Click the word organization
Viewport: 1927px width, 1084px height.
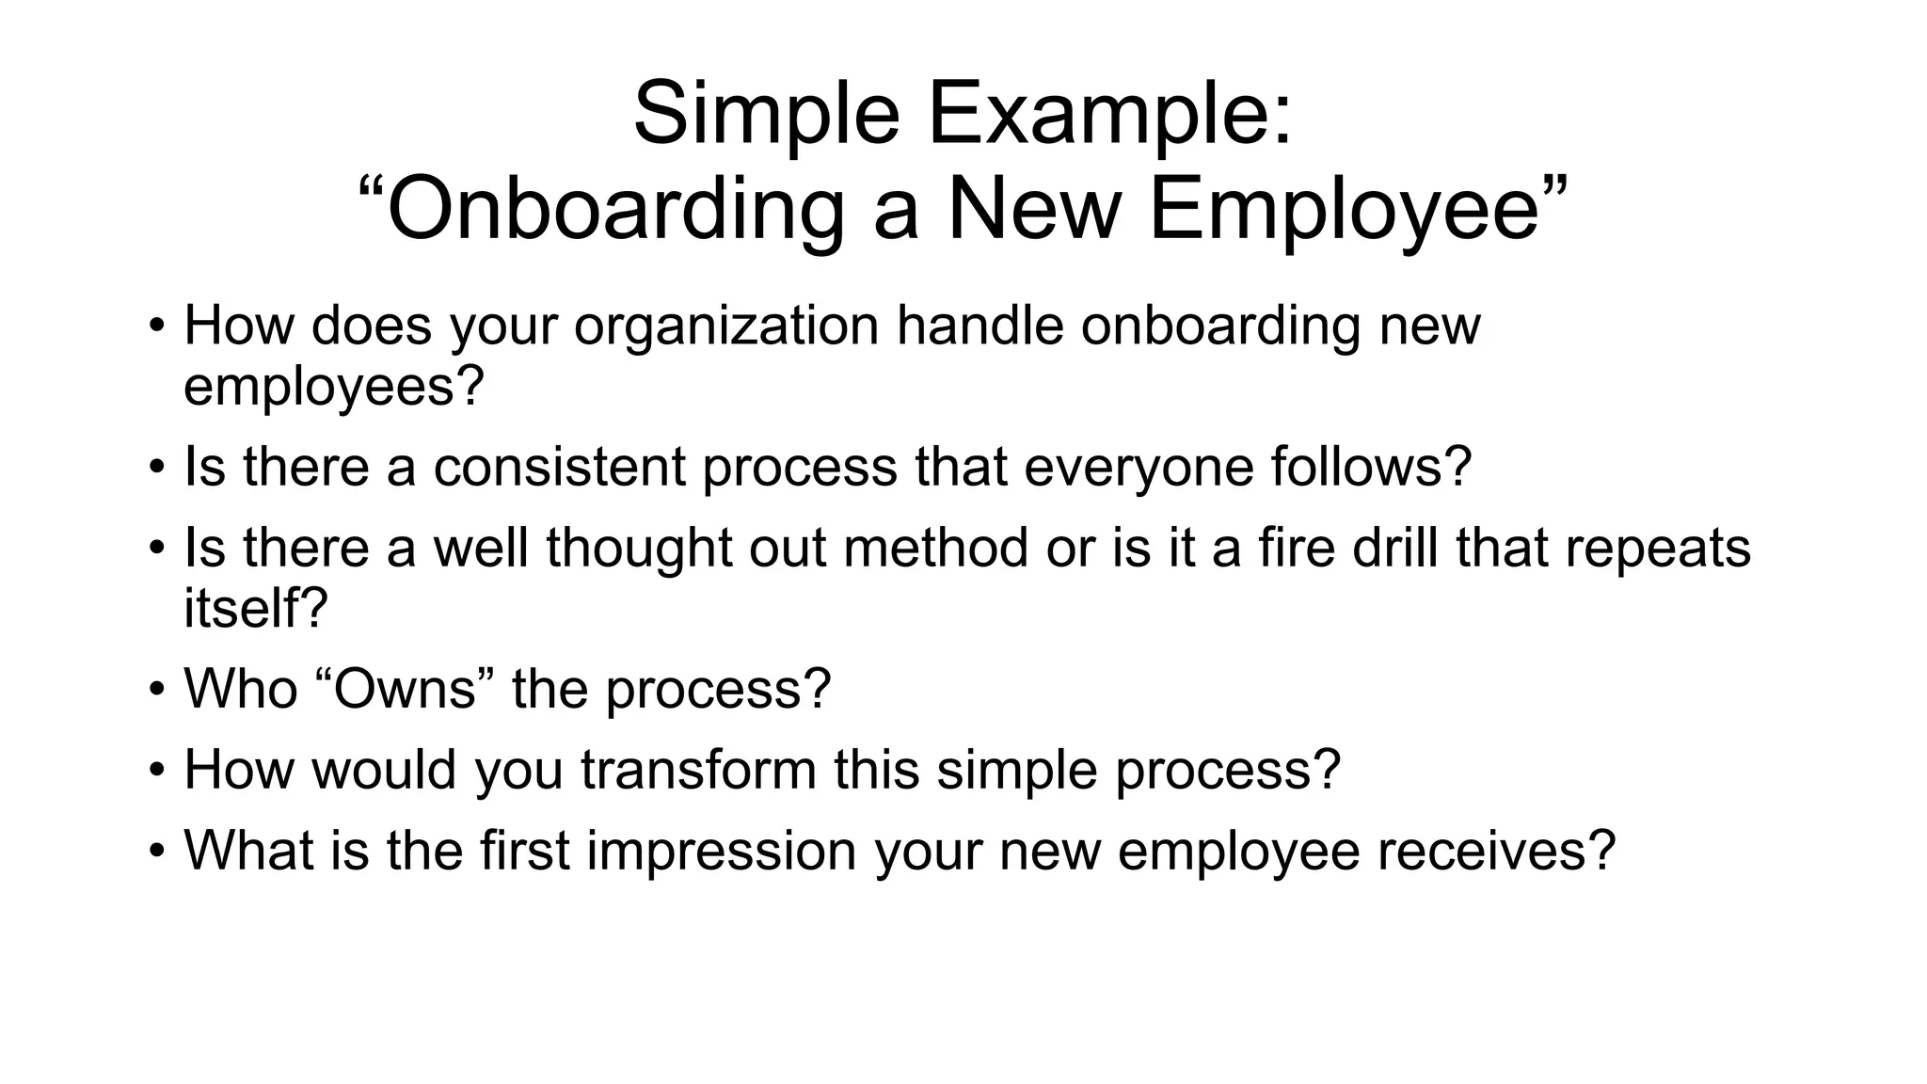click(726, 326)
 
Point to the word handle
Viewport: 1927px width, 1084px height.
click(979, 326)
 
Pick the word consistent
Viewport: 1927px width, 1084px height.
click(559, 467)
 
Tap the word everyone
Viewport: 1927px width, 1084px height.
click(1139, 467)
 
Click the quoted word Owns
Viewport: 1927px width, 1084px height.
click(405, 689)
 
